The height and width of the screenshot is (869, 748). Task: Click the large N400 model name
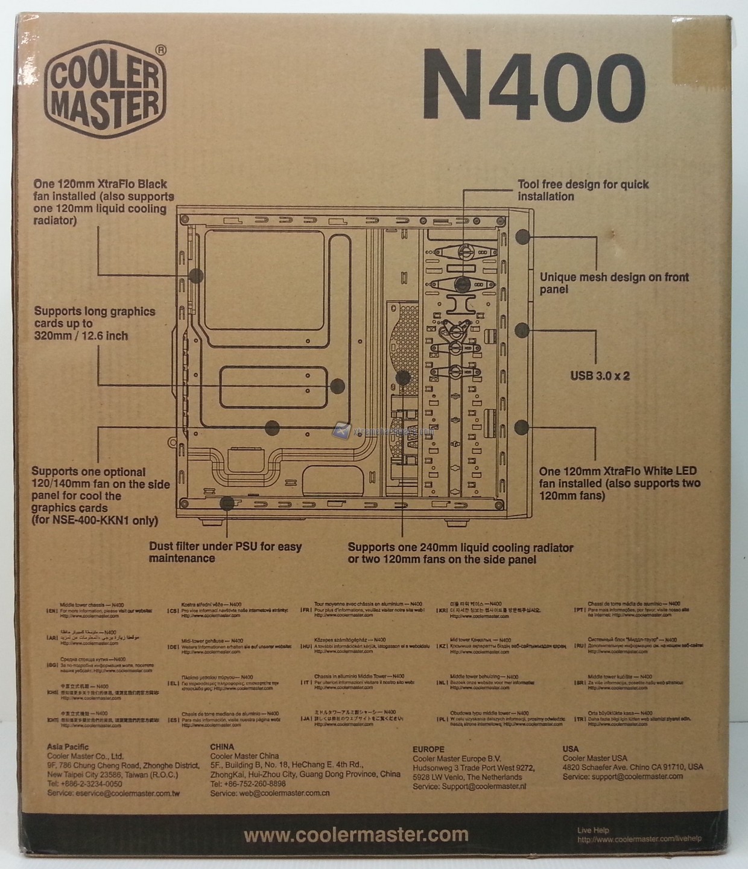click(x=533, y=84)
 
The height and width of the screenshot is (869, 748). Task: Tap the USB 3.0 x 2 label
click(x=600, y=376)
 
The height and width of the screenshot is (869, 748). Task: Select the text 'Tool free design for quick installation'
click(x=583, y=190)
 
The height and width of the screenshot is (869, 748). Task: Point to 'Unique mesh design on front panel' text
click(x=613, y=283)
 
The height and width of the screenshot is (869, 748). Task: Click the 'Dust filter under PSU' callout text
click(x=225, y=552)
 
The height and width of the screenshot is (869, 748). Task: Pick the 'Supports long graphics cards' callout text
click(x=95, y=323)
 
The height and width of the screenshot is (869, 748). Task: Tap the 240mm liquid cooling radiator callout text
click(x=460, y=553)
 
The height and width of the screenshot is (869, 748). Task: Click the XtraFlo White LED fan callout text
click(x=620, y=483)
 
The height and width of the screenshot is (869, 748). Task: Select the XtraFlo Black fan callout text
click(x=103, y=202)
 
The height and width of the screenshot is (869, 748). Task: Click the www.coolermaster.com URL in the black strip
click(x=356, y=835)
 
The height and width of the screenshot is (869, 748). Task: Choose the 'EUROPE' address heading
click(x=428, y=749)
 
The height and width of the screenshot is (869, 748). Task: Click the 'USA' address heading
click(x=571, y=749)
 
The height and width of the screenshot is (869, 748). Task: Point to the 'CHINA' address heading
click(x=222, y=746)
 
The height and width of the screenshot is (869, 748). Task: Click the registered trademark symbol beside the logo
click(x=160, y=51)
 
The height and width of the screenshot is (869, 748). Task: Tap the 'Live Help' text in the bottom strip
click(x=593, y=830)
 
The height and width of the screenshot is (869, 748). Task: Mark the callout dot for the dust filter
click(x=227, y=503)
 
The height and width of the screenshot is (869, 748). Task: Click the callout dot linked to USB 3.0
click(x=522, y=330)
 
